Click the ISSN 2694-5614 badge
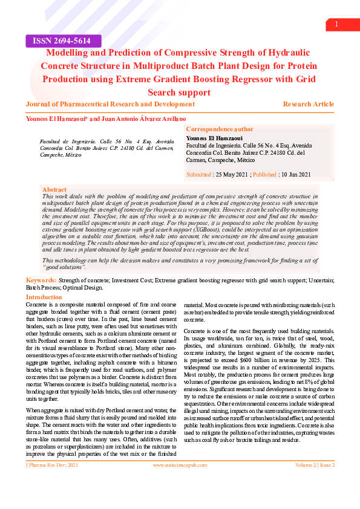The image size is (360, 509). click(58, 41)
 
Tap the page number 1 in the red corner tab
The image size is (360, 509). click(336, 24)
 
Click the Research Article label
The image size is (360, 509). click(308, 105)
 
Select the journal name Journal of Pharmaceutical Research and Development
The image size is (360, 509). click(110, 105)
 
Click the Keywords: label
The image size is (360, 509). click(41, 281)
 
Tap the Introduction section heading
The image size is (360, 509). click(44, 297)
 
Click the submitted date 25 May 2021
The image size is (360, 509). click(232, 175)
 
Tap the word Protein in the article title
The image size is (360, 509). click(296, 66)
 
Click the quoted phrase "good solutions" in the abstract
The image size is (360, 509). click(65, 267)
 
